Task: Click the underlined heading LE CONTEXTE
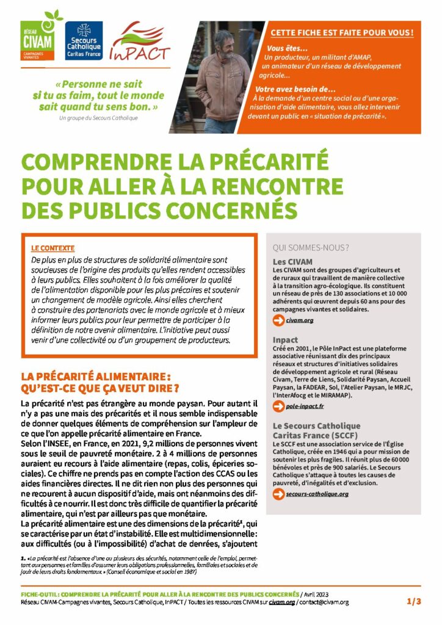coord(53,248)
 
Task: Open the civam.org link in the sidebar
coord(300,320)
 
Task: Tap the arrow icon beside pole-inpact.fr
coord(278,406)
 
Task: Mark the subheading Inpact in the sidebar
coord(285,339)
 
